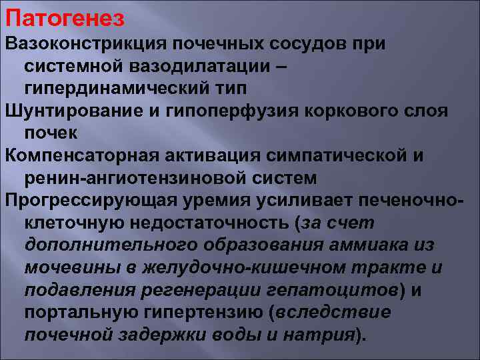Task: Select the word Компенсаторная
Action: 78,155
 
